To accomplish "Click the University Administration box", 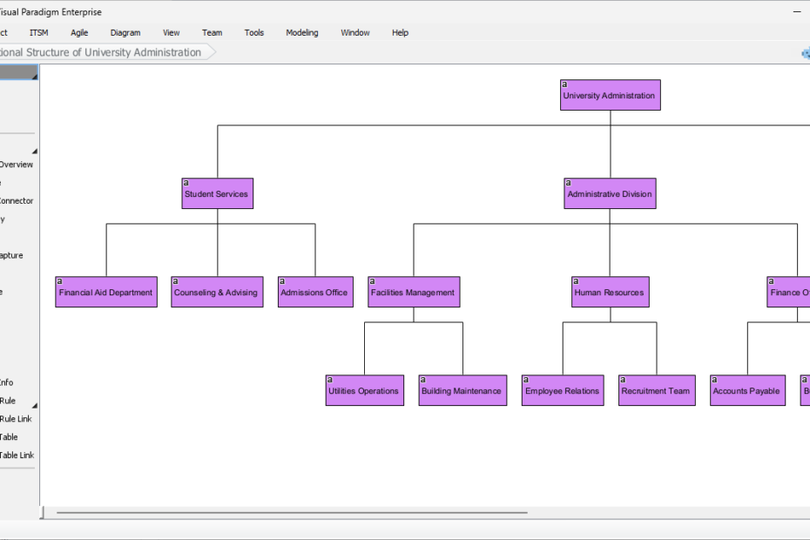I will [x=610, y=95].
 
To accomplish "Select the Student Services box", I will [x=217, y=193].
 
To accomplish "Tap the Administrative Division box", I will [x=609, y=193].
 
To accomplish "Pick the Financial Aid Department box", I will [x=105, y=292].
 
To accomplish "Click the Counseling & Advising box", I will [x=216, y=292].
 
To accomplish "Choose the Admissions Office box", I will [x=314, y=292].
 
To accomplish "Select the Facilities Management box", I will [x=413, y=292].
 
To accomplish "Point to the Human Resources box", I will [x=610, y=292].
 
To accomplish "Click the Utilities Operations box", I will [x=364, y=390].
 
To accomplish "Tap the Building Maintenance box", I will [x=462, y=390].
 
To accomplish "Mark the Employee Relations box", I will [x=562, y=390].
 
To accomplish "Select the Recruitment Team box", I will [x=657, y=390].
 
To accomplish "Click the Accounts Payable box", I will [x=746, y=390].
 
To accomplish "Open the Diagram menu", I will [x=125, y=33].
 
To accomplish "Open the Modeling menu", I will [x=302, y=33].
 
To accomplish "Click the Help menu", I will [x=400, y=33].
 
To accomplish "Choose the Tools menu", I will [x=254, y=33].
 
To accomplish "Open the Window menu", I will [x=355, y=33].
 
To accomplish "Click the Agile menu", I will [x=79, y=33].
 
